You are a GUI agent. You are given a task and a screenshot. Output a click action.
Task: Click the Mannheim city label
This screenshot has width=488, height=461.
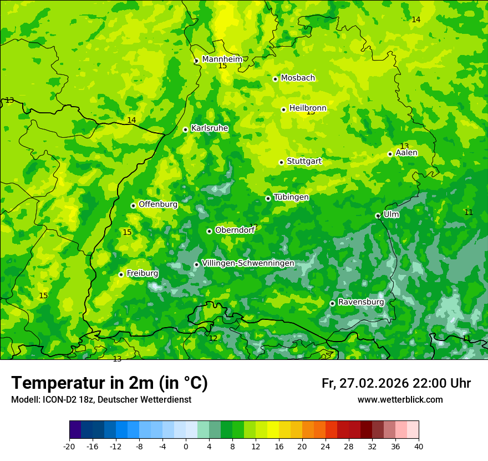[x=222, y=59]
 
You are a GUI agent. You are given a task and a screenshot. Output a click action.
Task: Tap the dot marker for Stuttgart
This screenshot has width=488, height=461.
[x=281, y=162]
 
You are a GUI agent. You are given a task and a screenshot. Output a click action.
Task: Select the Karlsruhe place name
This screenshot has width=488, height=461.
[x=210, y=128]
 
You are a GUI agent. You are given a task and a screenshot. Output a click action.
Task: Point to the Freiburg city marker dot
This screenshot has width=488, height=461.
[x=121, y=274]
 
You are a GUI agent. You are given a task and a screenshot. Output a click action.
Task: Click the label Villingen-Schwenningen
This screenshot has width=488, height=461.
[x=248, y=263]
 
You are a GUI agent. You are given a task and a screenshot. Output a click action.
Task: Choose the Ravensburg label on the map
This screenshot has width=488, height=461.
[x=361, y=302]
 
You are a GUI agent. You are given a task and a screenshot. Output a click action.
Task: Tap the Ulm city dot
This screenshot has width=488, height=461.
[x=378, y=216]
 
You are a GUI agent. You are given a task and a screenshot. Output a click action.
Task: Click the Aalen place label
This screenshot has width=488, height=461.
[x=406, y=153]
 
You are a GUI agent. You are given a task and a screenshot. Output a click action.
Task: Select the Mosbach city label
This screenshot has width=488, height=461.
[x=298, y=78]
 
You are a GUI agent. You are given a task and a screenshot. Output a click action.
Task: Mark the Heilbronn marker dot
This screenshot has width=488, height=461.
[x=283, y=109]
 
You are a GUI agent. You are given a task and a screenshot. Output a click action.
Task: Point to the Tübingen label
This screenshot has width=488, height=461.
[x=291, y=197]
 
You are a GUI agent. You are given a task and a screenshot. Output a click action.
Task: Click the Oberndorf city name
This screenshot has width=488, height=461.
[x=235, y=230]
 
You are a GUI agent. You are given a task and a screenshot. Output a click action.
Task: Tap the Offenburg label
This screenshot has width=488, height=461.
[x=158, y=204]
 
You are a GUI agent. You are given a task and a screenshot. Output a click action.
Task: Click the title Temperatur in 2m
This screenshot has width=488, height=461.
[x=109, y=383]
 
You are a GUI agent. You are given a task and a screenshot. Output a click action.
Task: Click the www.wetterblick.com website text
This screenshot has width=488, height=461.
[x=400, y=400]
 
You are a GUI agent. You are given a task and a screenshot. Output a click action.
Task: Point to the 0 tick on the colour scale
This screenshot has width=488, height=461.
[x=186, y=446]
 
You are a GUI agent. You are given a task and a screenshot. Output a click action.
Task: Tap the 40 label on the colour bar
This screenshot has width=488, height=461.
[x=419, y=446]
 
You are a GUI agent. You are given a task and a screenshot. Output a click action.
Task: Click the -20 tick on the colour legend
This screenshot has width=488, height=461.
[x=69, y=446]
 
